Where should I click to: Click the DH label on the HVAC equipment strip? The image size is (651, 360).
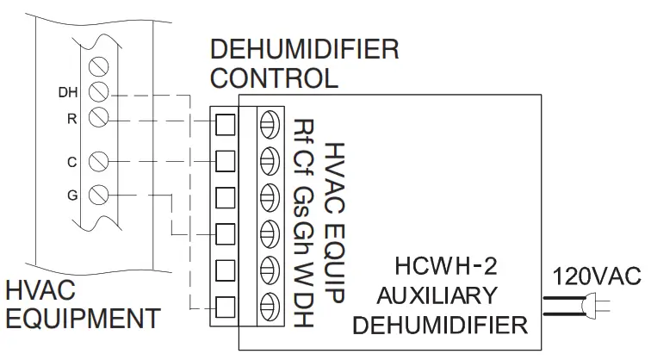tap(66, 91)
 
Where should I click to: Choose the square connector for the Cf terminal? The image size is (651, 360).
tap(224, 160)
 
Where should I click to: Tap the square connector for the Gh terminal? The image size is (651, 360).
tap(224, 232)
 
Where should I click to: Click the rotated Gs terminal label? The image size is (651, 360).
tap(303, 196)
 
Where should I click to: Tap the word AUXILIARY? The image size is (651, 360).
tap(437, 295)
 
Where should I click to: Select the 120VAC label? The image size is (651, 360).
tap(598, 277)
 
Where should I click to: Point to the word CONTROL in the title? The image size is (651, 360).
tap(274, 78)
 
